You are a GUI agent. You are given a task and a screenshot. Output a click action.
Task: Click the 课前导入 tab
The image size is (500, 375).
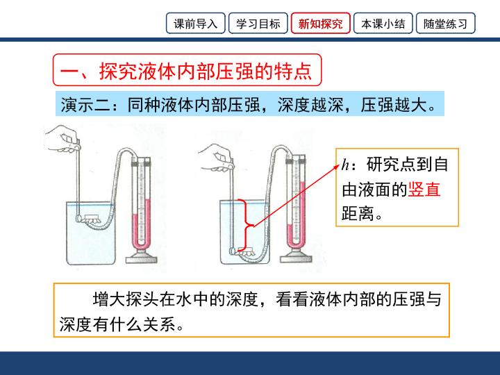(195, 24)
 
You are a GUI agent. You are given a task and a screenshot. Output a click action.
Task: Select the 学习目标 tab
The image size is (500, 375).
(258, 24)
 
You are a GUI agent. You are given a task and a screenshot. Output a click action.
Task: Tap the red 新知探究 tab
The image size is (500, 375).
(320, 24)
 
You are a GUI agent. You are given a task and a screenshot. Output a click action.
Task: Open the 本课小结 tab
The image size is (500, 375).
(383, 24)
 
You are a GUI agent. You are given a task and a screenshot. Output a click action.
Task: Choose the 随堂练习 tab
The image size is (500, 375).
(445, 24)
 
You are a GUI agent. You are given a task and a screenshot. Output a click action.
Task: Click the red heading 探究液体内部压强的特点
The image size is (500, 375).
(206, 71)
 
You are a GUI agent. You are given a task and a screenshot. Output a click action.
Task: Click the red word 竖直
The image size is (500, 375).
(424, 189)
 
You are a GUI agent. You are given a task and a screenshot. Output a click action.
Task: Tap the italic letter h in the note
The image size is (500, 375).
(345, 165)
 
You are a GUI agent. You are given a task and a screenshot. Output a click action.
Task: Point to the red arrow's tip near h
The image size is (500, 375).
(339, 165)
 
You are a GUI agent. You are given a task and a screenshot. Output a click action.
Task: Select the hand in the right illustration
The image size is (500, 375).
(217, 157)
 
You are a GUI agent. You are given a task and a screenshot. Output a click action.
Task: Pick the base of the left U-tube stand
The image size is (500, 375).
(141, 257)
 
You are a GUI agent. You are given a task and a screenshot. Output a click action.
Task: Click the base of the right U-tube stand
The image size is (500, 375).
(296, 257)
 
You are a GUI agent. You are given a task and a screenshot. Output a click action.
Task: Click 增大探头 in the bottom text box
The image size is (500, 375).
(126, 299)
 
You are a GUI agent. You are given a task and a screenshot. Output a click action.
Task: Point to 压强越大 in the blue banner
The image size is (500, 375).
(394, 104)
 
